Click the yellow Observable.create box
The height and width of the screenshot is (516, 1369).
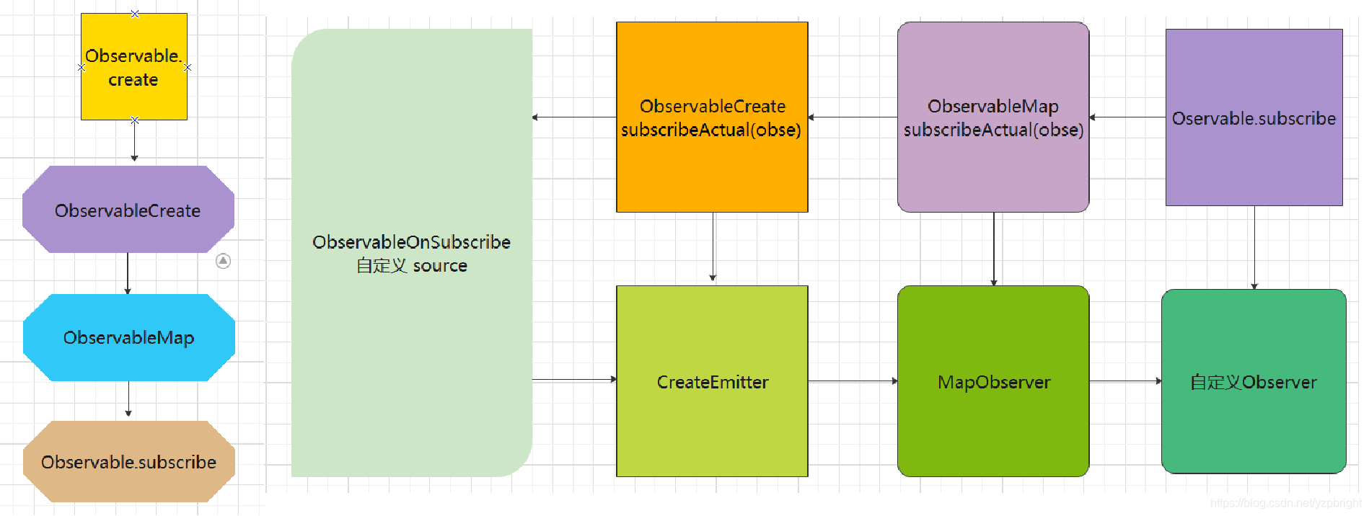click(x=134, y=66)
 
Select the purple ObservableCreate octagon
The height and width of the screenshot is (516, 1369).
click(x=128, y=210)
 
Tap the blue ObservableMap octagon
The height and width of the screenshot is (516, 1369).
click(x=129, y=337)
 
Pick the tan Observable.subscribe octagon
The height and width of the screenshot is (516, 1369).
click(x=129, y=461)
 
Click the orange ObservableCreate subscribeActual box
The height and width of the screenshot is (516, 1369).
click(x=712, y=117)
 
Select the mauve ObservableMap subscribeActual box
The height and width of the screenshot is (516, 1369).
click(x=993, y=117)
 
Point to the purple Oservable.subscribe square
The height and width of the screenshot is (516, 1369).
click(x=1254, y=117)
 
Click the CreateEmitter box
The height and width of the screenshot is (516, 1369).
click(x=712, y=381)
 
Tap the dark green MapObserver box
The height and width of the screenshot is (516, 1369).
click(x=993, y=381)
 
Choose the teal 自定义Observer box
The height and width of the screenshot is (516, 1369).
click(x=1254, y=381)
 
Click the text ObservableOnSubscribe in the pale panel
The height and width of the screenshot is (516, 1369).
click(x=411, y=242)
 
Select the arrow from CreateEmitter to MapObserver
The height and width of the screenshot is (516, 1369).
click(x=853, y=381)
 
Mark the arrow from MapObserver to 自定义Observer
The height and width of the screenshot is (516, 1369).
click(x=1126, y=381)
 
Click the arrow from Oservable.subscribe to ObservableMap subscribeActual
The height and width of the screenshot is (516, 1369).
click(x=1127, y=117)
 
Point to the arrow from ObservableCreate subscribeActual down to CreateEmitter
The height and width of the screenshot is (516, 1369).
click(x=713, y=247)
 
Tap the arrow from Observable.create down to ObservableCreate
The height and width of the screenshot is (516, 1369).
click(x=134, y=141)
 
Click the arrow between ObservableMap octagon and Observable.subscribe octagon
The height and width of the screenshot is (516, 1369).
click(x=128, y=399)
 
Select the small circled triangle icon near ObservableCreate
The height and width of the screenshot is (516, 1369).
click(x=224, y=261)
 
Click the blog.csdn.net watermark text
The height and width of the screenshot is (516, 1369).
click(x=1285, y=503)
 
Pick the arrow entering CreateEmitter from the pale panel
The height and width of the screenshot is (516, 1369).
click(x=575, y=379)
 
